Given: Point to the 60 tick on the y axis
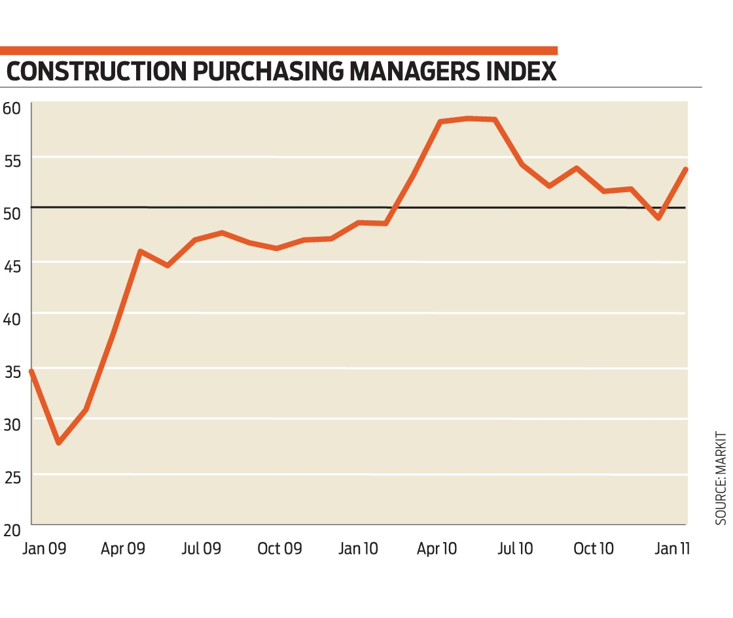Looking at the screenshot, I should tap(12, 106).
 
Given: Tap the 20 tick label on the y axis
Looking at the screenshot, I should tap(12, 530).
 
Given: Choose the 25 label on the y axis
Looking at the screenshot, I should tap(12, 478).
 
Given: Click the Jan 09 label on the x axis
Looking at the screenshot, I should tap(44, 549).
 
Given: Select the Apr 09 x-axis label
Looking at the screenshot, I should tap(122, 549).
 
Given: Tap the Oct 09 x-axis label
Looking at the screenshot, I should tap(279, 549).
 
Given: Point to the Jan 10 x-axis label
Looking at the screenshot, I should tap(358, 549).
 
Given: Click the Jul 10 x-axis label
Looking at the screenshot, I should tap(515, 549).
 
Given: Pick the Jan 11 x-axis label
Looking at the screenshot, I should tap(672, 549).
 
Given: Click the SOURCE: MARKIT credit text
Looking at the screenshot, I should tap(721, 477).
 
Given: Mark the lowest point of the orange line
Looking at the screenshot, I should tap(59, 443).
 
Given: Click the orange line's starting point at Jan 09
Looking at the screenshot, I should tap(31, 371).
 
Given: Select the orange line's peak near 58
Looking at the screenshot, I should tap(469, 118).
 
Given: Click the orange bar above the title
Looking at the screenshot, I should tap(278, 50).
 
